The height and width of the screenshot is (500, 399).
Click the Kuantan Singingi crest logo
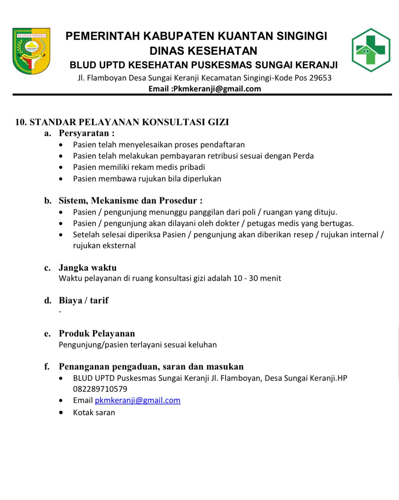(31, 51)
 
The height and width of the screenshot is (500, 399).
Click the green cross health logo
(371, 50)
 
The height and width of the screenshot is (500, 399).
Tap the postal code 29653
(320, 78)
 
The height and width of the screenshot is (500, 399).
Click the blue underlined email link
(138, 400)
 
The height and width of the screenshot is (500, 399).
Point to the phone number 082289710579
(100, 389)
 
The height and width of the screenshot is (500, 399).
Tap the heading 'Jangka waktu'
(88, 268)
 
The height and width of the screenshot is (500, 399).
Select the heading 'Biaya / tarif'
(84, 300)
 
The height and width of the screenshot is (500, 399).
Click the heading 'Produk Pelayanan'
(97, 333)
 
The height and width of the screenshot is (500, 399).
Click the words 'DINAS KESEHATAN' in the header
(203, 51)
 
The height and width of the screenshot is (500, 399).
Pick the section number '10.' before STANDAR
(21, 122)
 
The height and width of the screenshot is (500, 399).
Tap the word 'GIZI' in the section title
(218, 122)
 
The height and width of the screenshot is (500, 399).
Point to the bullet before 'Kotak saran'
(61, 413)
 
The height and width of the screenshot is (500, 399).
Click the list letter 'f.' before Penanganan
(47, 366)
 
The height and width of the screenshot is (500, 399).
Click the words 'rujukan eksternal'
(104, 246)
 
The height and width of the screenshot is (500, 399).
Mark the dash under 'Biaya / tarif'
(60, 312)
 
